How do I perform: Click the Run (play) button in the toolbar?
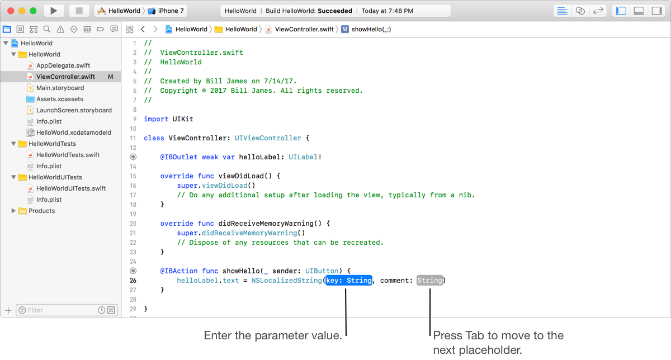click(x=54, y=11)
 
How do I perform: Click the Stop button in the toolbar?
click(x=79, y=11)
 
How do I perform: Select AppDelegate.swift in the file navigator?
click(x=63, y=65)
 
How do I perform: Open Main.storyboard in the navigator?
click(x=60, y=88)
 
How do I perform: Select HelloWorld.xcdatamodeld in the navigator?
click(x=74, y=132)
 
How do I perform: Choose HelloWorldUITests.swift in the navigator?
click(x=71, y=188)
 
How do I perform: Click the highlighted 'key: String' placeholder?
click(x=348, y=281)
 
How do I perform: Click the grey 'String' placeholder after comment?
click(x=429, y=281)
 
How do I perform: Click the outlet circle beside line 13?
click(x=133, y=157)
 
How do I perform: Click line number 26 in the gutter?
click(x=133, y=281)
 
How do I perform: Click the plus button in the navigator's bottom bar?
click(x=8, y=310)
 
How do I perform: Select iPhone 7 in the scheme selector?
click(x=171, y=11)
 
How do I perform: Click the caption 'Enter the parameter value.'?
click(x=273, y=336)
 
